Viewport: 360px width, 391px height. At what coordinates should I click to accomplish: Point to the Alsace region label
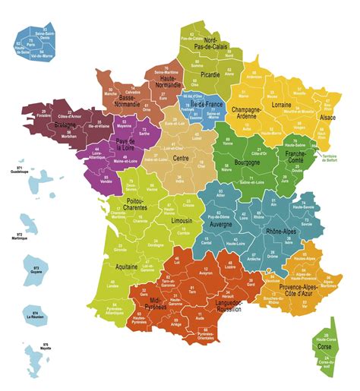click(327, 118)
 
